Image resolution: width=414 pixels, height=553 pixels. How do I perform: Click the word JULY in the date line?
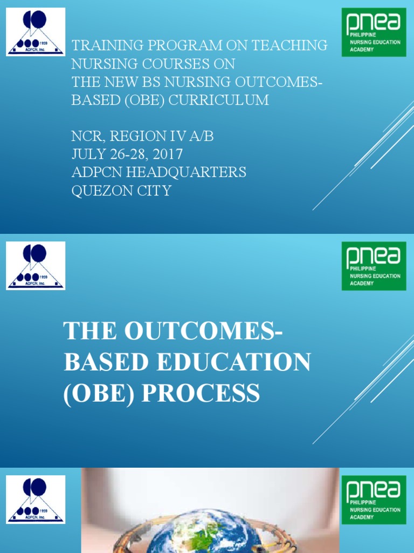(x=86, y=154)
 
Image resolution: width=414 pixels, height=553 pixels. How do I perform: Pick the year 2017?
(x=167, y=154)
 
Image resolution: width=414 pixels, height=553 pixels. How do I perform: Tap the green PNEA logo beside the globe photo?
(x=374, y=500)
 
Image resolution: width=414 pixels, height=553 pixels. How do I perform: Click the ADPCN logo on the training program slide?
(x=36, y=32)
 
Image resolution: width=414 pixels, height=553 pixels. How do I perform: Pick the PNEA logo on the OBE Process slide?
(x=374, y=266)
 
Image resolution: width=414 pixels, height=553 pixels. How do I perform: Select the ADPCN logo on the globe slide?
(x=36, y=500)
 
